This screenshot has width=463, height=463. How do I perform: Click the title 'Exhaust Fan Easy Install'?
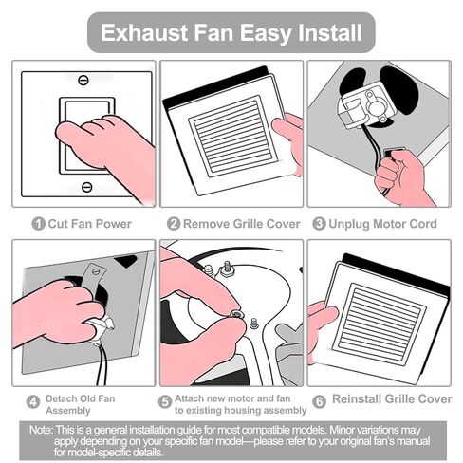231,32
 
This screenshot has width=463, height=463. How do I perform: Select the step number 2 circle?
174,224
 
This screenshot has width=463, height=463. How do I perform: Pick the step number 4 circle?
34,401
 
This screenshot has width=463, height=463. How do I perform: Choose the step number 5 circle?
165,401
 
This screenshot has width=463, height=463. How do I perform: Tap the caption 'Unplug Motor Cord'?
382,224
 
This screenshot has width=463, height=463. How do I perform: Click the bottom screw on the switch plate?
86,187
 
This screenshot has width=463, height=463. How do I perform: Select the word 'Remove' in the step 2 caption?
206,224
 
